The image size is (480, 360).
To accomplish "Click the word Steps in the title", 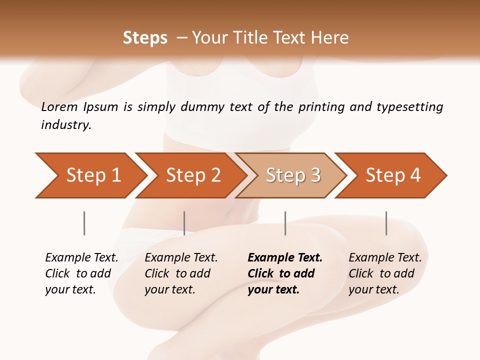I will point(145,38).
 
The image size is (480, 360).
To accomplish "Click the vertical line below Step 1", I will point(84,223).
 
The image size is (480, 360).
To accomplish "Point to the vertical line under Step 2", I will point(184,223).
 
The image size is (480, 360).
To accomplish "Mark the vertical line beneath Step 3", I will point(285,223).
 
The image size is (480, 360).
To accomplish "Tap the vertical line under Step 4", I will point(386,223).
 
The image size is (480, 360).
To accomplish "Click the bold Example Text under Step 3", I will point(285,273).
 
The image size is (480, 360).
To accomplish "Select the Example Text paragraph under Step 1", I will point(81,273).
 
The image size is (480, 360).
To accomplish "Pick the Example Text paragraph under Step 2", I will point(181,273).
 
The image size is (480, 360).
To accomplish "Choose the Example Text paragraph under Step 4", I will point(385,273).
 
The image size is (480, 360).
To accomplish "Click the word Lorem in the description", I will point(59,107).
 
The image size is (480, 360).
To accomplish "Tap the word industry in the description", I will point(65,125).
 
